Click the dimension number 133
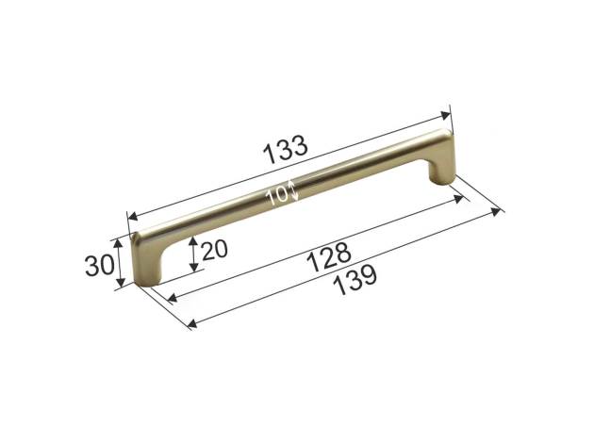click(286, 150)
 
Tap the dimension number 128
click(329, 256)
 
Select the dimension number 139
click(356, 280)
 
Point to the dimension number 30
click(99, 265)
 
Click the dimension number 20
click(214, 250)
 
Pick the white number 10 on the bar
click(277, 196)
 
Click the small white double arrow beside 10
click(293, 190)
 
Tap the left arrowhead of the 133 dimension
click(133, 217)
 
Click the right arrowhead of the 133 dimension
click(445, 115)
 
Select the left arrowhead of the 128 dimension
click(172, 298)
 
